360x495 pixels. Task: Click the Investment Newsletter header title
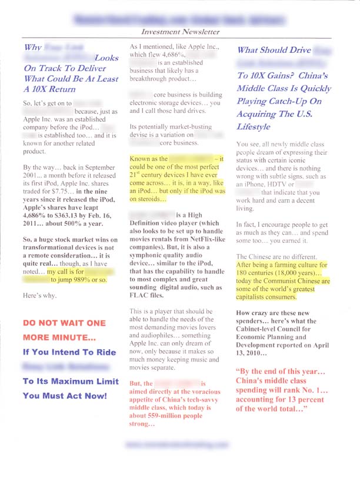(181, 32)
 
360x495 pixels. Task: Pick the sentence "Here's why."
(40, 296)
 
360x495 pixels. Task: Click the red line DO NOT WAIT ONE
(64, 323)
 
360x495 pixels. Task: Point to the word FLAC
(139, 296)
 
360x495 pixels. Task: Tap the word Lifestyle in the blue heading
(254, 126)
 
